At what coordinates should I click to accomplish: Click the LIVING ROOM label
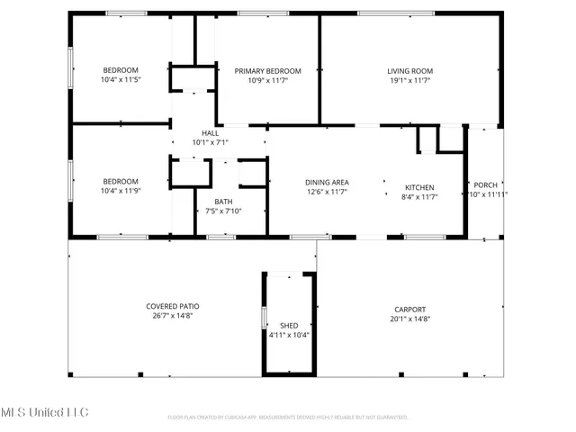click(x=410, y=71)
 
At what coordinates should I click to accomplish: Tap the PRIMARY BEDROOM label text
click(x=267, y=71)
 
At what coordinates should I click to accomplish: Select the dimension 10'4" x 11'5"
click(x=121, y=80)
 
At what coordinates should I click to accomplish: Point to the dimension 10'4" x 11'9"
click(x=121, y=190)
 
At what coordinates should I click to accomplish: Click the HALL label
click(x=211, y=133)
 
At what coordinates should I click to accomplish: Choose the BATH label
click(x=224, y=202)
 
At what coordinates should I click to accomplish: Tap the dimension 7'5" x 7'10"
click(x=224, y=211)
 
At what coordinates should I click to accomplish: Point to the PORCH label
click(x=486, y=184)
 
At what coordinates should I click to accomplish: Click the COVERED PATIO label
click(x=173, y=306)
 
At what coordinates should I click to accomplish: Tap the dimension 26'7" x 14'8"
click(x=173, y=316)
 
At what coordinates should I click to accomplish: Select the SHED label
click(x=289, y=325)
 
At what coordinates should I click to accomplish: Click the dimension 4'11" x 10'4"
click(x=289, y=335)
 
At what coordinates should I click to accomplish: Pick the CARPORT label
click(x=409, y=309)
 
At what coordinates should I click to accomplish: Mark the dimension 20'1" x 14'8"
click(x=409, y=319)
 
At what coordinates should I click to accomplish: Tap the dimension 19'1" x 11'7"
click(x=410, y=80)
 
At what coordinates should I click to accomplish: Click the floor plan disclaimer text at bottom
click(x=288, y=417)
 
